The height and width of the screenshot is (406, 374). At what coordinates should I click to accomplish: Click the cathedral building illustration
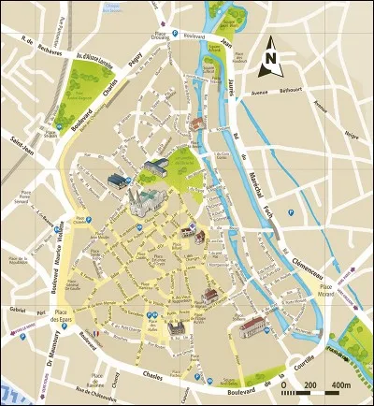click(x=146, y=198)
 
